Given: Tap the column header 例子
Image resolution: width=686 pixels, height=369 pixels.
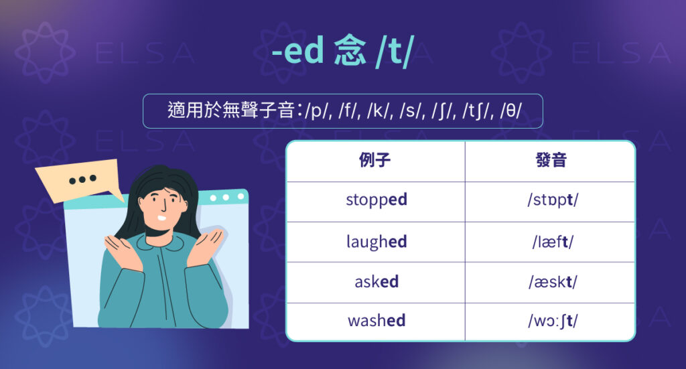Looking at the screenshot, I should (375, 161).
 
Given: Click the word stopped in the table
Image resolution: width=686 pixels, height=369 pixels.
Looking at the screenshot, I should (376, 200).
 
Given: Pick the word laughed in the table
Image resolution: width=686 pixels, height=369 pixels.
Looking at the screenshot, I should (376, 241).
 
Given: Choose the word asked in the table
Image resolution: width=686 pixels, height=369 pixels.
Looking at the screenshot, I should (376, 281).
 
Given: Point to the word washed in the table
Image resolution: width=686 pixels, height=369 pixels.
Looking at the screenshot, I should (376, 321).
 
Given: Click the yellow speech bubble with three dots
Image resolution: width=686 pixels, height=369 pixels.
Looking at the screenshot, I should (79, 179).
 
